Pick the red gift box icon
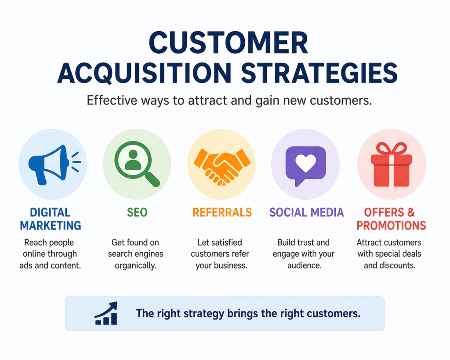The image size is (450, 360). click(392, 167)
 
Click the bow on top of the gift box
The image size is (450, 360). click(392, 148)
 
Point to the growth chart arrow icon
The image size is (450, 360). click(106, 313)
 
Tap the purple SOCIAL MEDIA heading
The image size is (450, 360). click(306, 212)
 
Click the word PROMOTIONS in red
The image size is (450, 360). click(391, 225)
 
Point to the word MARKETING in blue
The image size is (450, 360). click(51, 225)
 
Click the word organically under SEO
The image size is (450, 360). click(136, 265)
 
